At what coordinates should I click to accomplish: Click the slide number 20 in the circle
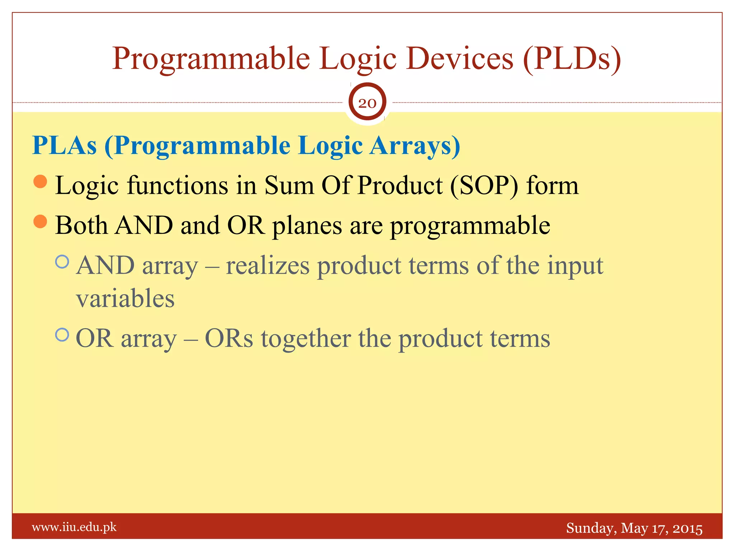click(x=367, y=103)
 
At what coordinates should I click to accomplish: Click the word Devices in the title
click(x=460, y=58)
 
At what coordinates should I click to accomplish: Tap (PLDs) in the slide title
click(x=572, y=58)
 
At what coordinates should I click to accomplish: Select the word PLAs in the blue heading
click(x=65, y=146)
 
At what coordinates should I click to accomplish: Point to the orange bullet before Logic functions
click(x=40, y=182)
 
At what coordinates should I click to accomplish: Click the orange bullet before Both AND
click(x=40, y=221)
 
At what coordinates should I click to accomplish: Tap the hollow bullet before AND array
click(x=62, y=262)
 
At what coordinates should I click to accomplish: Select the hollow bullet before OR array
click(x=62, y=335)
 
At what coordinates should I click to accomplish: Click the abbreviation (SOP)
click(x=484, y=186)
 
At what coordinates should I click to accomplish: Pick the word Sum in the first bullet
click(x=289, y=186)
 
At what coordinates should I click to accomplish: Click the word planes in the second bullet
click(x=307, y=226)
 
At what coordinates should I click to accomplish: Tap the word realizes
click(x=267, y=266)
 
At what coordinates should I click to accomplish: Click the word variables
click(x=125, y=299)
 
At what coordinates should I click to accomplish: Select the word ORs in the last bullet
click(x=229, y=339)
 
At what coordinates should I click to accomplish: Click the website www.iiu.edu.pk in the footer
click(x=74, y=527)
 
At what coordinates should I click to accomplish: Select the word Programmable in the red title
click(x=211, y=58)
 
